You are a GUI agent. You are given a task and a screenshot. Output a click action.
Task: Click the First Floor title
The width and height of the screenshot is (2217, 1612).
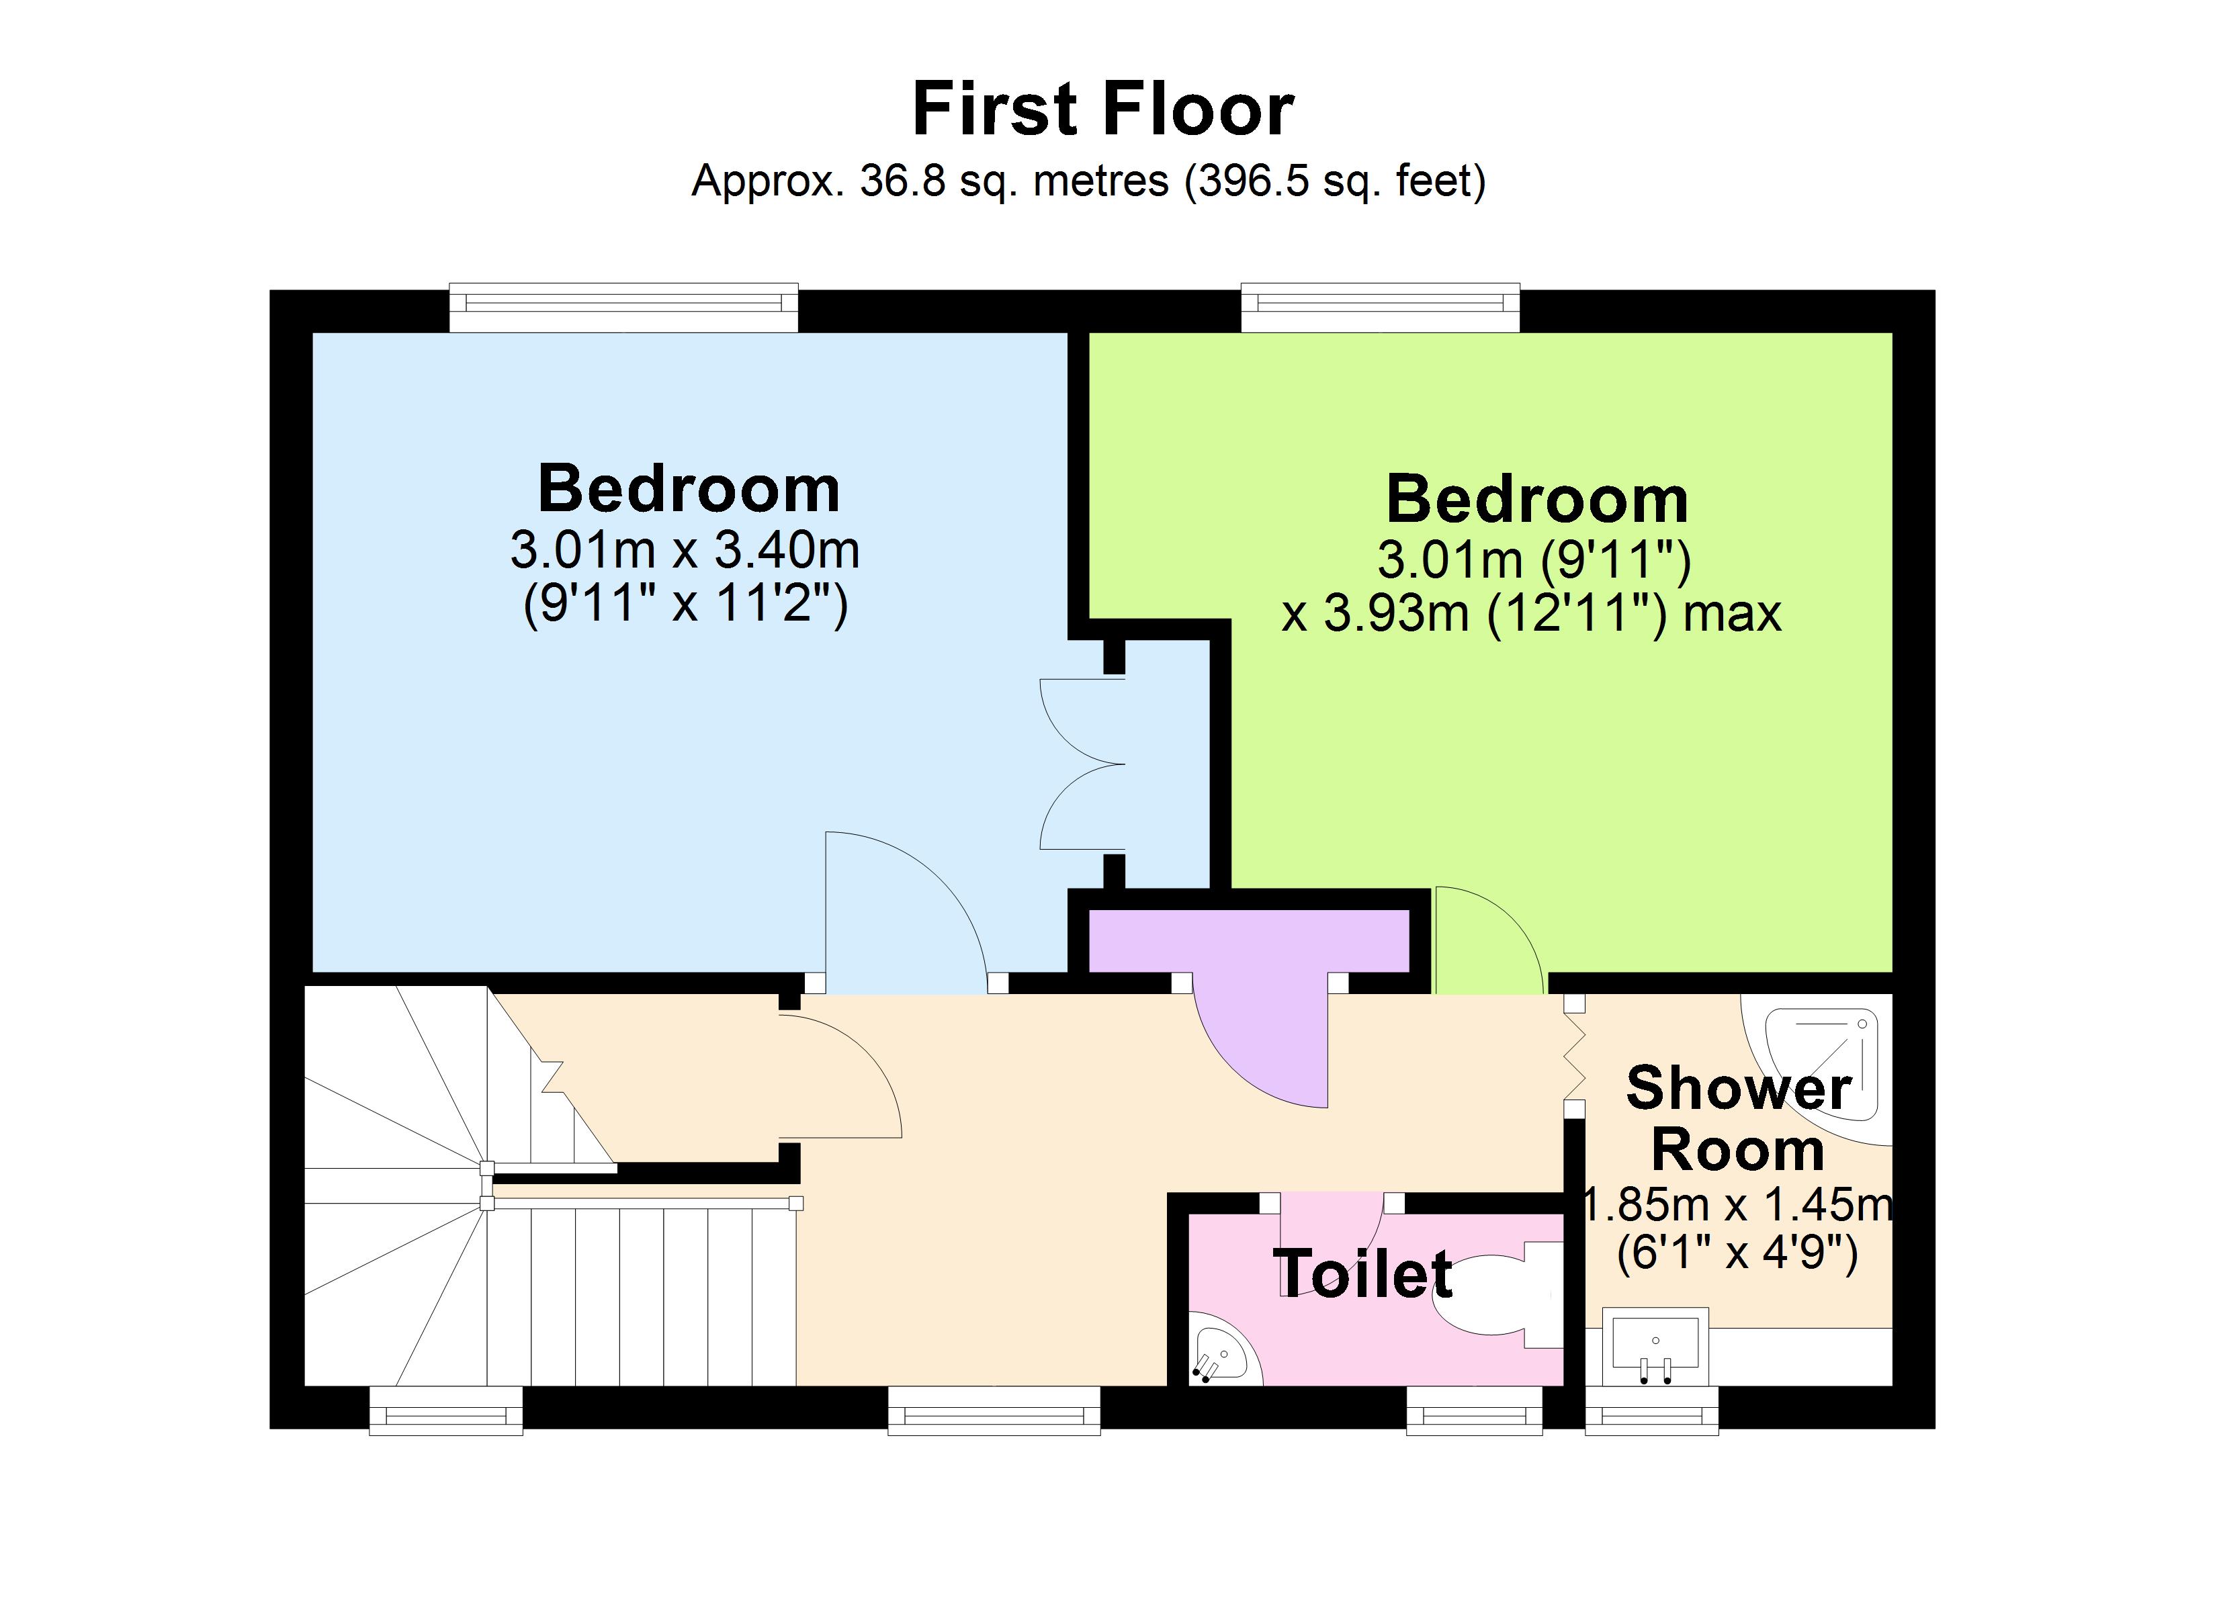[1102, 109]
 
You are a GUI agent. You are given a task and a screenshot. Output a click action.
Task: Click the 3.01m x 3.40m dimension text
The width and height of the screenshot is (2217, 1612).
[685, 550]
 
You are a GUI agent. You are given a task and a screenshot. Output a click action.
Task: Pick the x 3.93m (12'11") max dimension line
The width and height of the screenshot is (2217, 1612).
[1531, 614]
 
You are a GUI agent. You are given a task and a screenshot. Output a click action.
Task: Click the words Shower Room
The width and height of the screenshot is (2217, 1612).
[1737, 1118]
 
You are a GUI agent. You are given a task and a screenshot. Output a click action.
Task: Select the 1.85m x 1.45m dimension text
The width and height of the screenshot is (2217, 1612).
[1737, 1204]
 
